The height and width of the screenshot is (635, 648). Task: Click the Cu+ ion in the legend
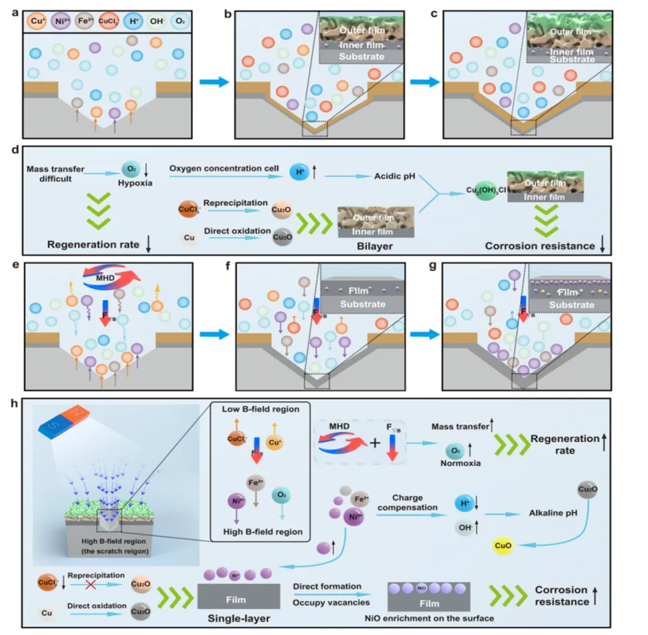[34, 23]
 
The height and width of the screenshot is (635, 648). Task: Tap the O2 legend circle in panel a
[178, 23]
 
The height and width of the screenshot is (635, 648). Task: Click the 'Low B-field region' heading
[257, 409]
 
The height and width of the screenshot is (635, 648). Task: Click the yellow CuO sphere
[502, 545]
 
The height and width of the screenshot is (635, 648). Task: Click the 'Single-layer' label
[239, 618]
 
